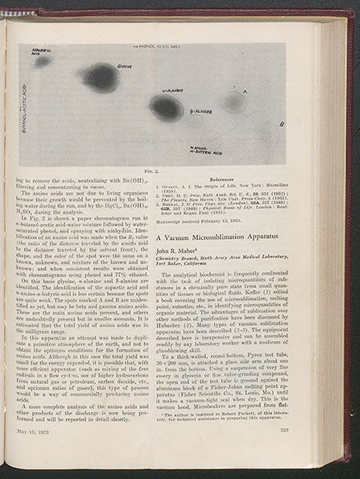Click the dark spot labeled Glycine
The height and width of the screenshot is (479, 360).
coord(101,77)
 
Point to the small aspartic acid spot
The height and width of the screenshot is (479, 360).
coord(43,61)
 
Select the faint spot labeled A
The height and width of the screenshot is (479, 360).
coord(233,102)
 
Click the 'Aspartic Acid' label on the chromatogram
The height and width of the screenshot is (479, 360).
coord(41,50)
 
